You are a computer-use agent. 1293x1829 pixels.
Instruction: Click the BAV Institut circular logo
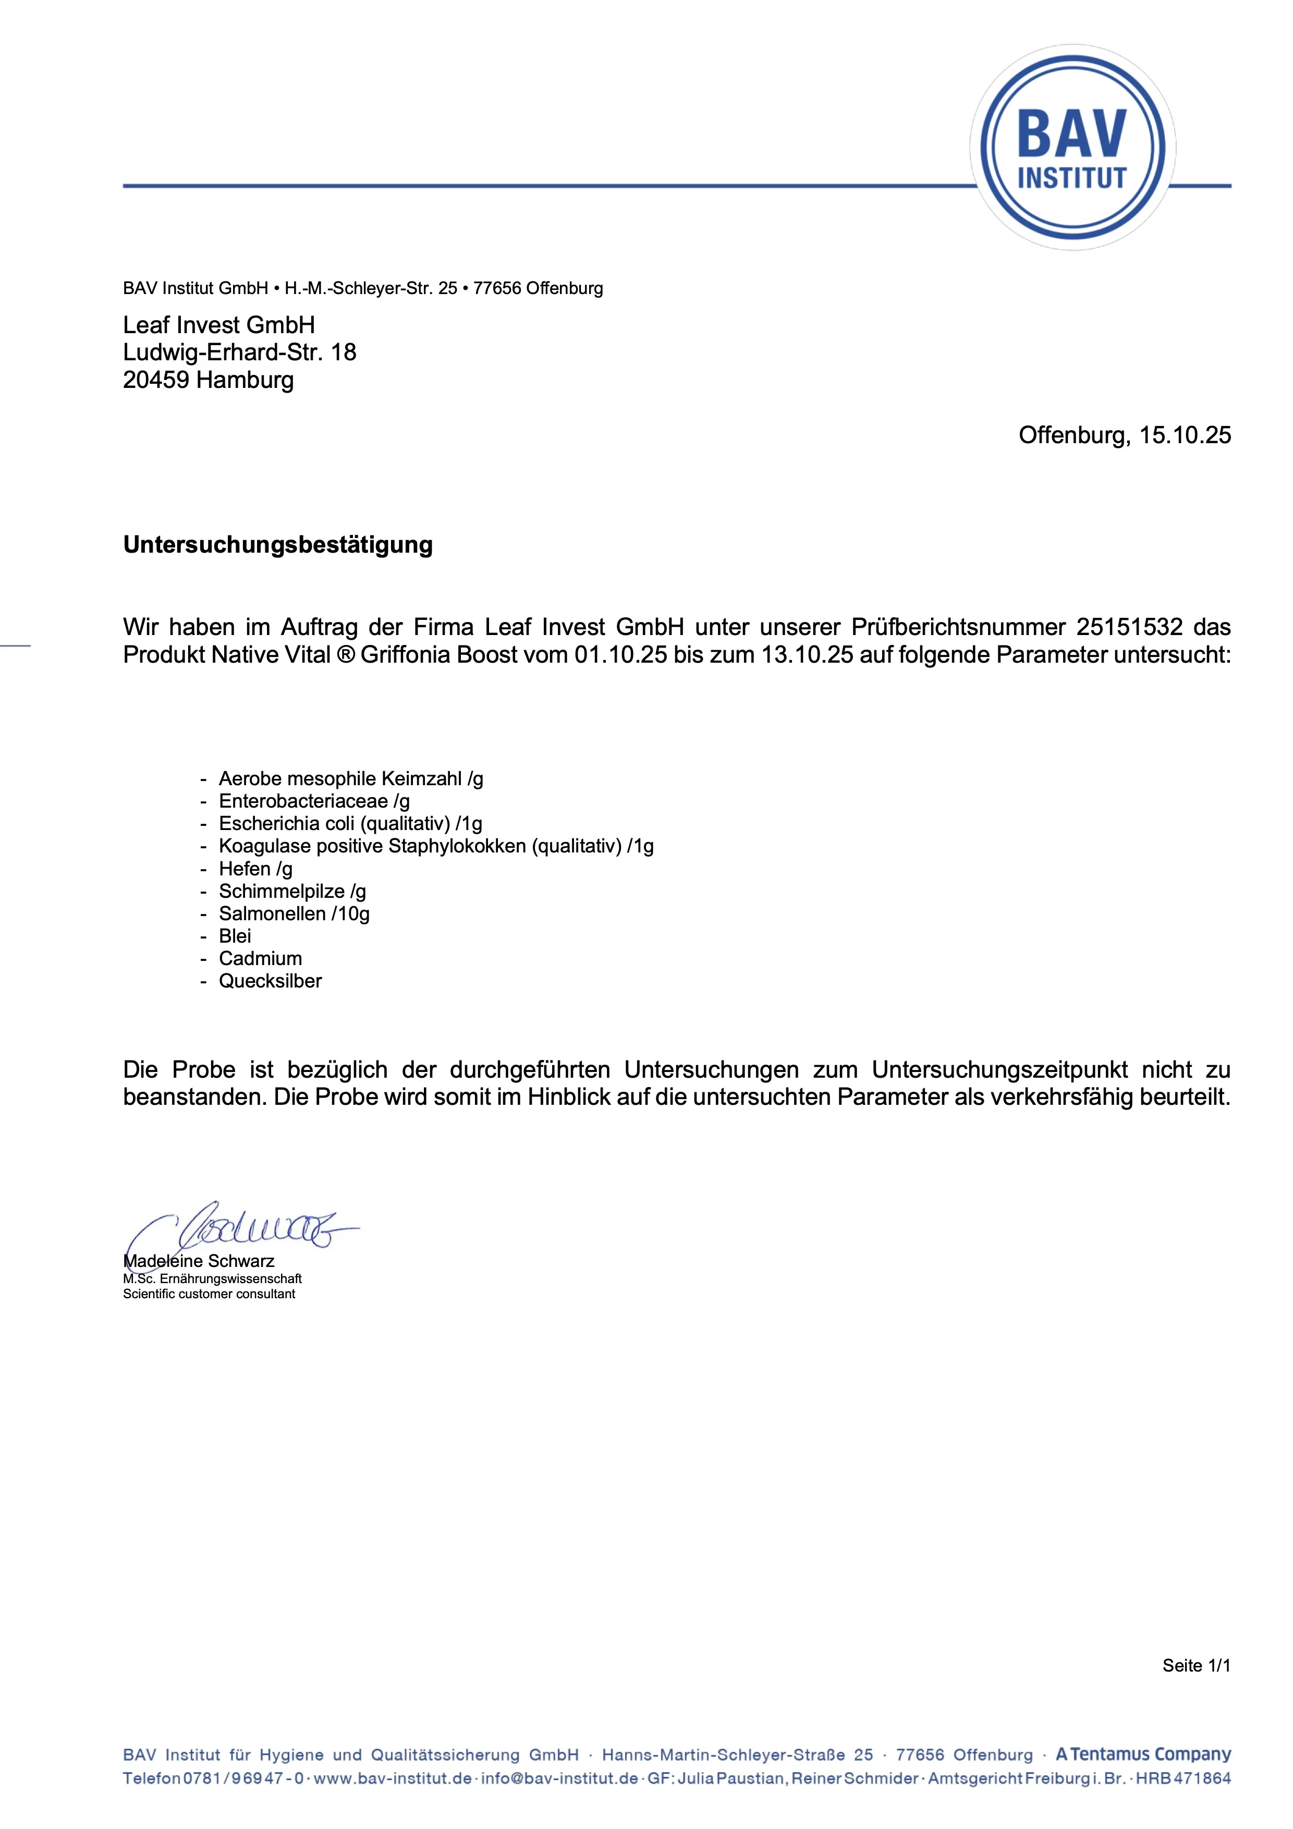click(1072, 148)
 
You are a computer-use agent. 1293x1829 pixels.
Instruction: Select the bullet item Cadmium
click(261, 958)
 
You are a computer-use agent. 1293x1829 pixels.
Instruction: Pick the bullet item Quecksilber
click(270, 981)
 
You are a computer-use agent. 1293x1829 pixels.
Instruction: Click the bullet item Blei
click(235, 936)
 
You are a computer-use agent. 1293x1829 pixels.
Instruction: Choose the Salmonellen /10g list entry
click(294, 913)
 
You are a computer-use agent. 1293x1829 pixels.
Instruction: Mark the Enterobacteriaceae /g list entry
click(314, 801)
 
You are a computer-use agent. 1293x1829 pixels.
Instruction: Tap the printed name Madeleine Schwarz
click(199, 1261)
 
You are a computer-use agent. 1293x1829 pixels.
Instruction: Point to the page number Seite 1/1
click(1196, 1666)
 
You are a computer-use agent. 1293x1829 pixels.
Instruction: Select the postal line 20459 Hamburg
click(208, 380)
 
